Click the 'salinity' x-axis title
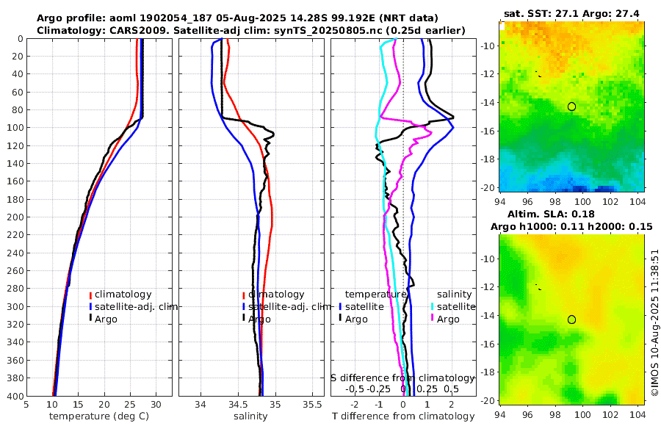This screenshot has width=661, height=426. pos(250,416)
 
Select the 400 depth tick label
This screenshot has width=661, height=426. pos(13,396)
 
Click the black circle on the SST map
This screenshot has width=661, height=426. pos(571,106)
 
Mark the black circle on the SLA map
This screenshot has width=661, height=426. pos(571,319)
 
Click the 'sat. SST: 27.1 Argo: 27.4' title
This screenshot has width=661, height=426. pos(572,13)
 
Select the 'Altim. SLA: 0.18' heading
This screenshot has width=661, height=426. pos(571,213)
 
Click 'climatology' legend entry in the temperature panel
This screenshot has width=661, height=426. pos(123,295)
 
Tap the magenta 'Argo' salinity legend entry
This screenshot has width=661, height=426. pos(447,319)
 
